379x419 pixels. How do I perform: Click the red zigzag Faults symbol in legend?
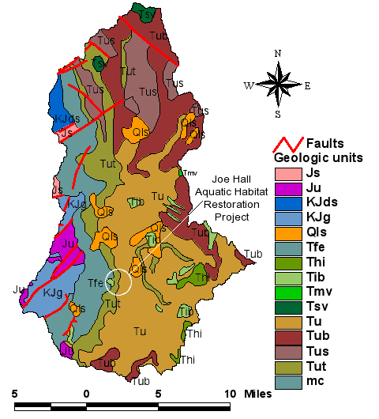[x=285, y=143]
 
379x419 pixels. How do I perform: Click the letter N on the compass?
[x=277, y=54]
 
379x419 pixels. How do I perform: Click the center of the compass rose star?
[x=277, y=85]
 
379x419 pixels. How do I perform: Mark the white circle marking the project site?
[x=118, y=281]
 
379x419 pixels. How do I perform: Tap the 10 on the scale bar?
[x=231, y=393]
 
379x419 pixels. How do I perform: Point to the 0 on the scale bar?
[x=86, y=393]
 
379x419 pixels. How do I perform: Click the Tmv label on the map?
[x=189, y=173]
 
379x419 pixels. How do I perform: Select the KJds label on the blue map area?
[x=66, y=119]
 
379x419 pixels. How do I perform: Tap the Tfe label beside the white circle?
[x=96, y=283]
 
